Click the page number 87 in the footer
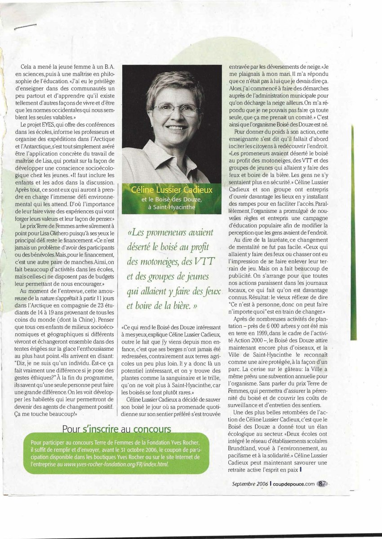pos(322,483)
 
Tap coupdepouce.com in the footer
pos(294,483)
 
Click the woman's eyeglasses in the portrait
pos(175,109)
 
